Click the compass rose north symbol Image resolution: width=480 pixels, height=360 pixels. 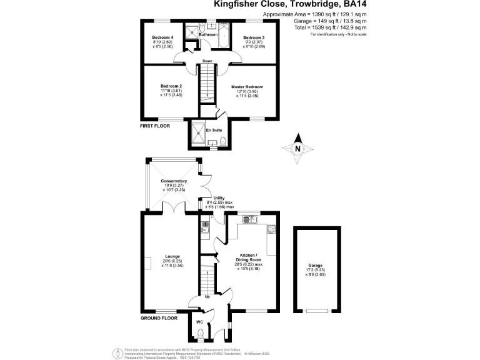pos(298,149)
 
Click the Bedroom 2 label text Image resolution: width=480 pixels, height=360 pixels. pos(171,86)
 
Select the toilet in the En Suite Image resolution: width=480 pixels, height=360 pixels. pos(222,132)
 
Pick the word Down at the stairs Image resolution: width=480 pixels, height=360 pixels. pos(206,61)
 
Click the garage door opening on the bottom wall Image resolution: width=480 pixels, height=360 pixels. pos(317,311)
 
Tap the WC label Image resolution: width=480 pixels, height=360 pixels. pos(199,322)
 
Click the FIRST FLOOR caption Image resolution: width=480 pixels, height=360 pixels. pos(154,126)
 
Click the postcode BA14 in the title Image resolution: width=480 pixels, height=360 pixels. pos(352,4)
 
